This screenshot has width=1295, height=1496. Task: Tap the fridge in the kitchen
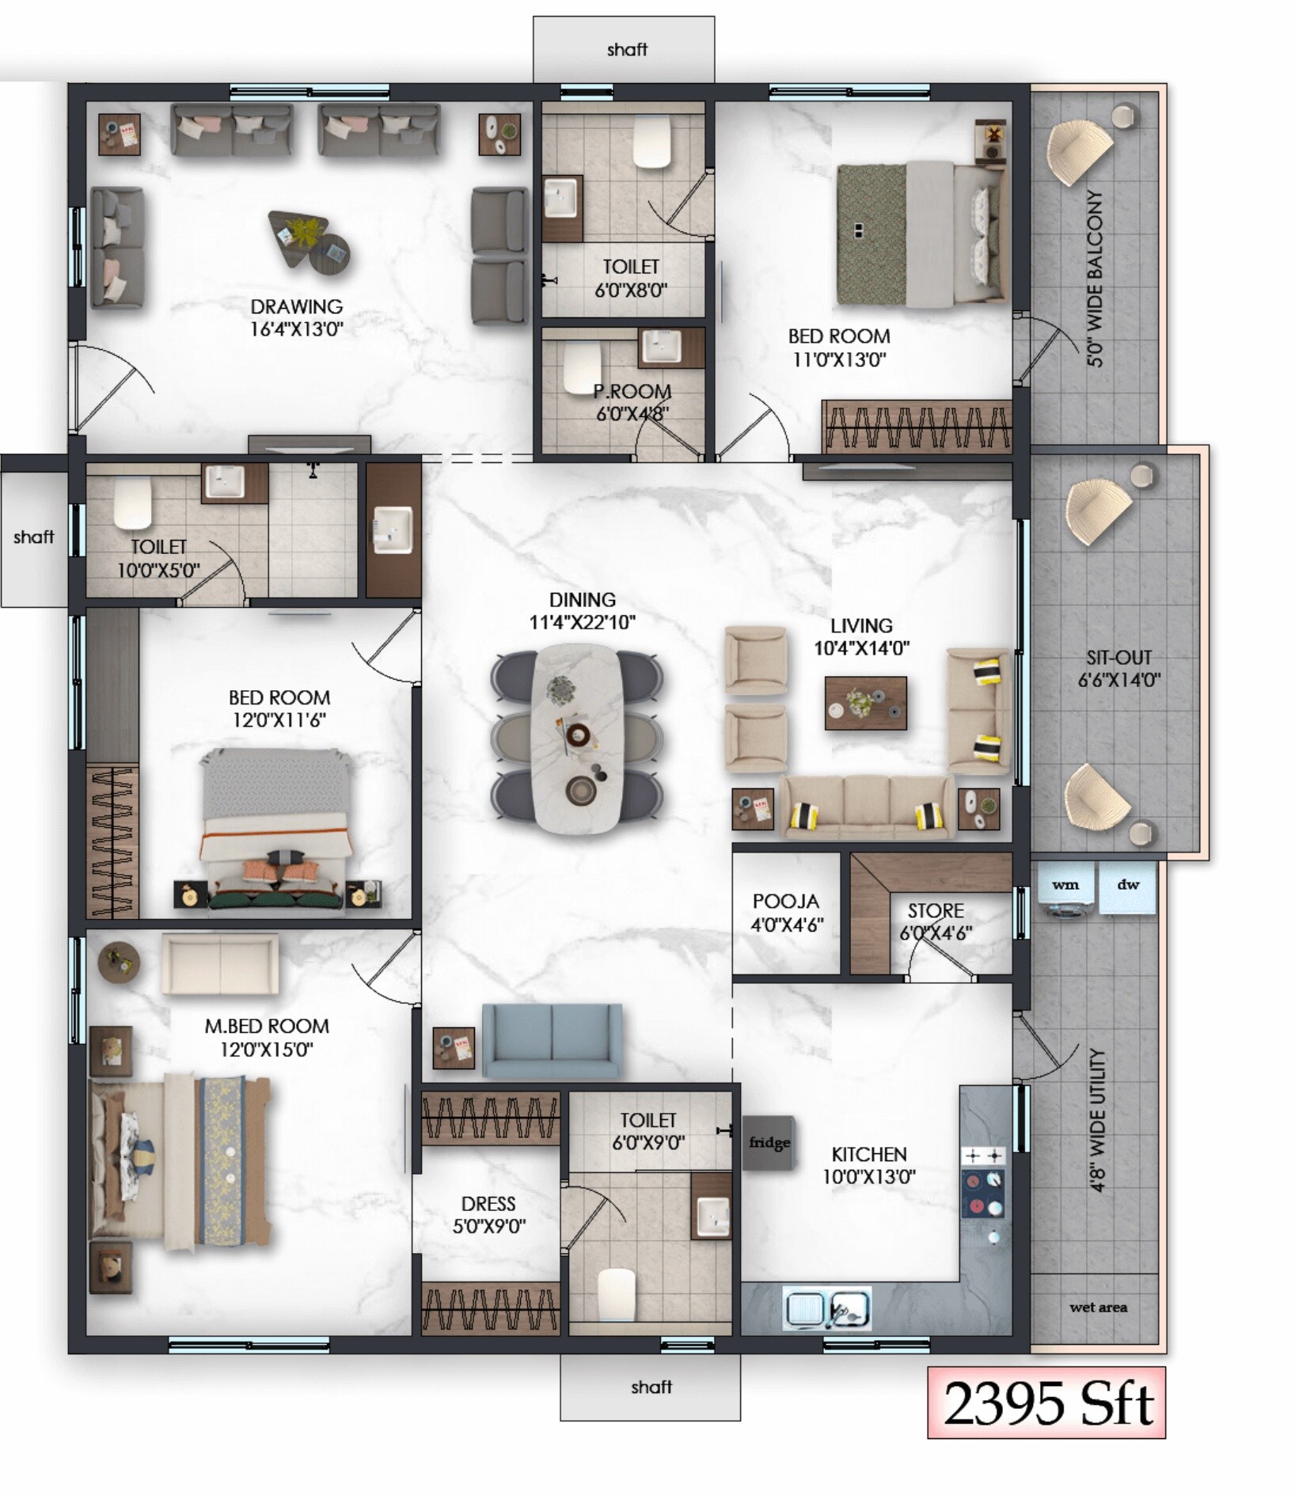pos(769,1142)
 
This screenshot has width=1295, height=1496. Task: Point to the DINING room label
pos(582,600)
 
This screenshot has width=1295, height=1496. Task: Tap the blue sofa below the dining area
pos(552,1040)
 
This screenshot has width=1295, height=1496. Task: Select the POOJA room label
pos(785,902)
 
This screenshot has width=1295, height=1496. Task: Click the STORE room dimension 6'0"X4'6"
pos(936,933)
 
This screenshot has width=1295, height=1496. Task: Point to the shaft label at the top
pos(627,50)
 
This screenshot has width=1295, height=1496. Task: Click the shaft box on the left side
pos(34,537)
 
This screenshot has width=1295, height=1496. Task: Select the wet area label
pos(1098,1308)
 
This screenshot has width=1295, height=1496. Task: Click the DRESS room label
pos(488,1204)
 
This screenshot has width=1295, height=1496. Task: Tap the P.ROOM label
pos(632,392)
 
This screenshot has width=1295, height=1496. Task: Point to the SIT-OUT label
pos(1118,657)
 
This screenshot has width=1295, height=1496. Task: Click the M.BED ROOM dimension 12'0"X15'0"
pos(267,1050)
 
